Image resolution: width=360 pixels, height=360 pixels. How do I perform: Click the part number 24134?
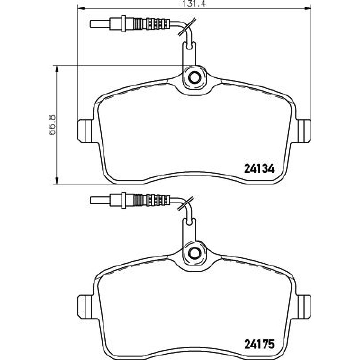click(259, 169)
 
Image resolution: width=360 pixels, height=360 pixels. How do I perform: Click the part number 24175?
click(259, 344)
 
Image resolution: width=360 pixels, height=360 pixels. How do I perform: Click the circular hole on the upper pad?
click(194, 77)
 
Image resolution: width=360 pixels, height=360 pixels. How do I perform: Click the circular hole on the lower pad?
click(194, 253)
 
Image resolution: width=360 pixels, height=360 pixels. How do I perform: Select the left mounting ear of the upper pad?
click(85, 131)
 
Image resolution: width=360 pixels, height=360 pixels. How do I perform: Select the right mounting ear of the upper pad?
click(304, 131)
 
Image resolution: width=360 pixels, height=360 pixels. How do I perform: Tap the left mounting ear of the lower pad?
click(85, 306)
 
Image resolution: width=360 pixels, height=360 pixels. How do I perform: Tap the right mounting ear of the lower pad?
click(304, 306)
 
